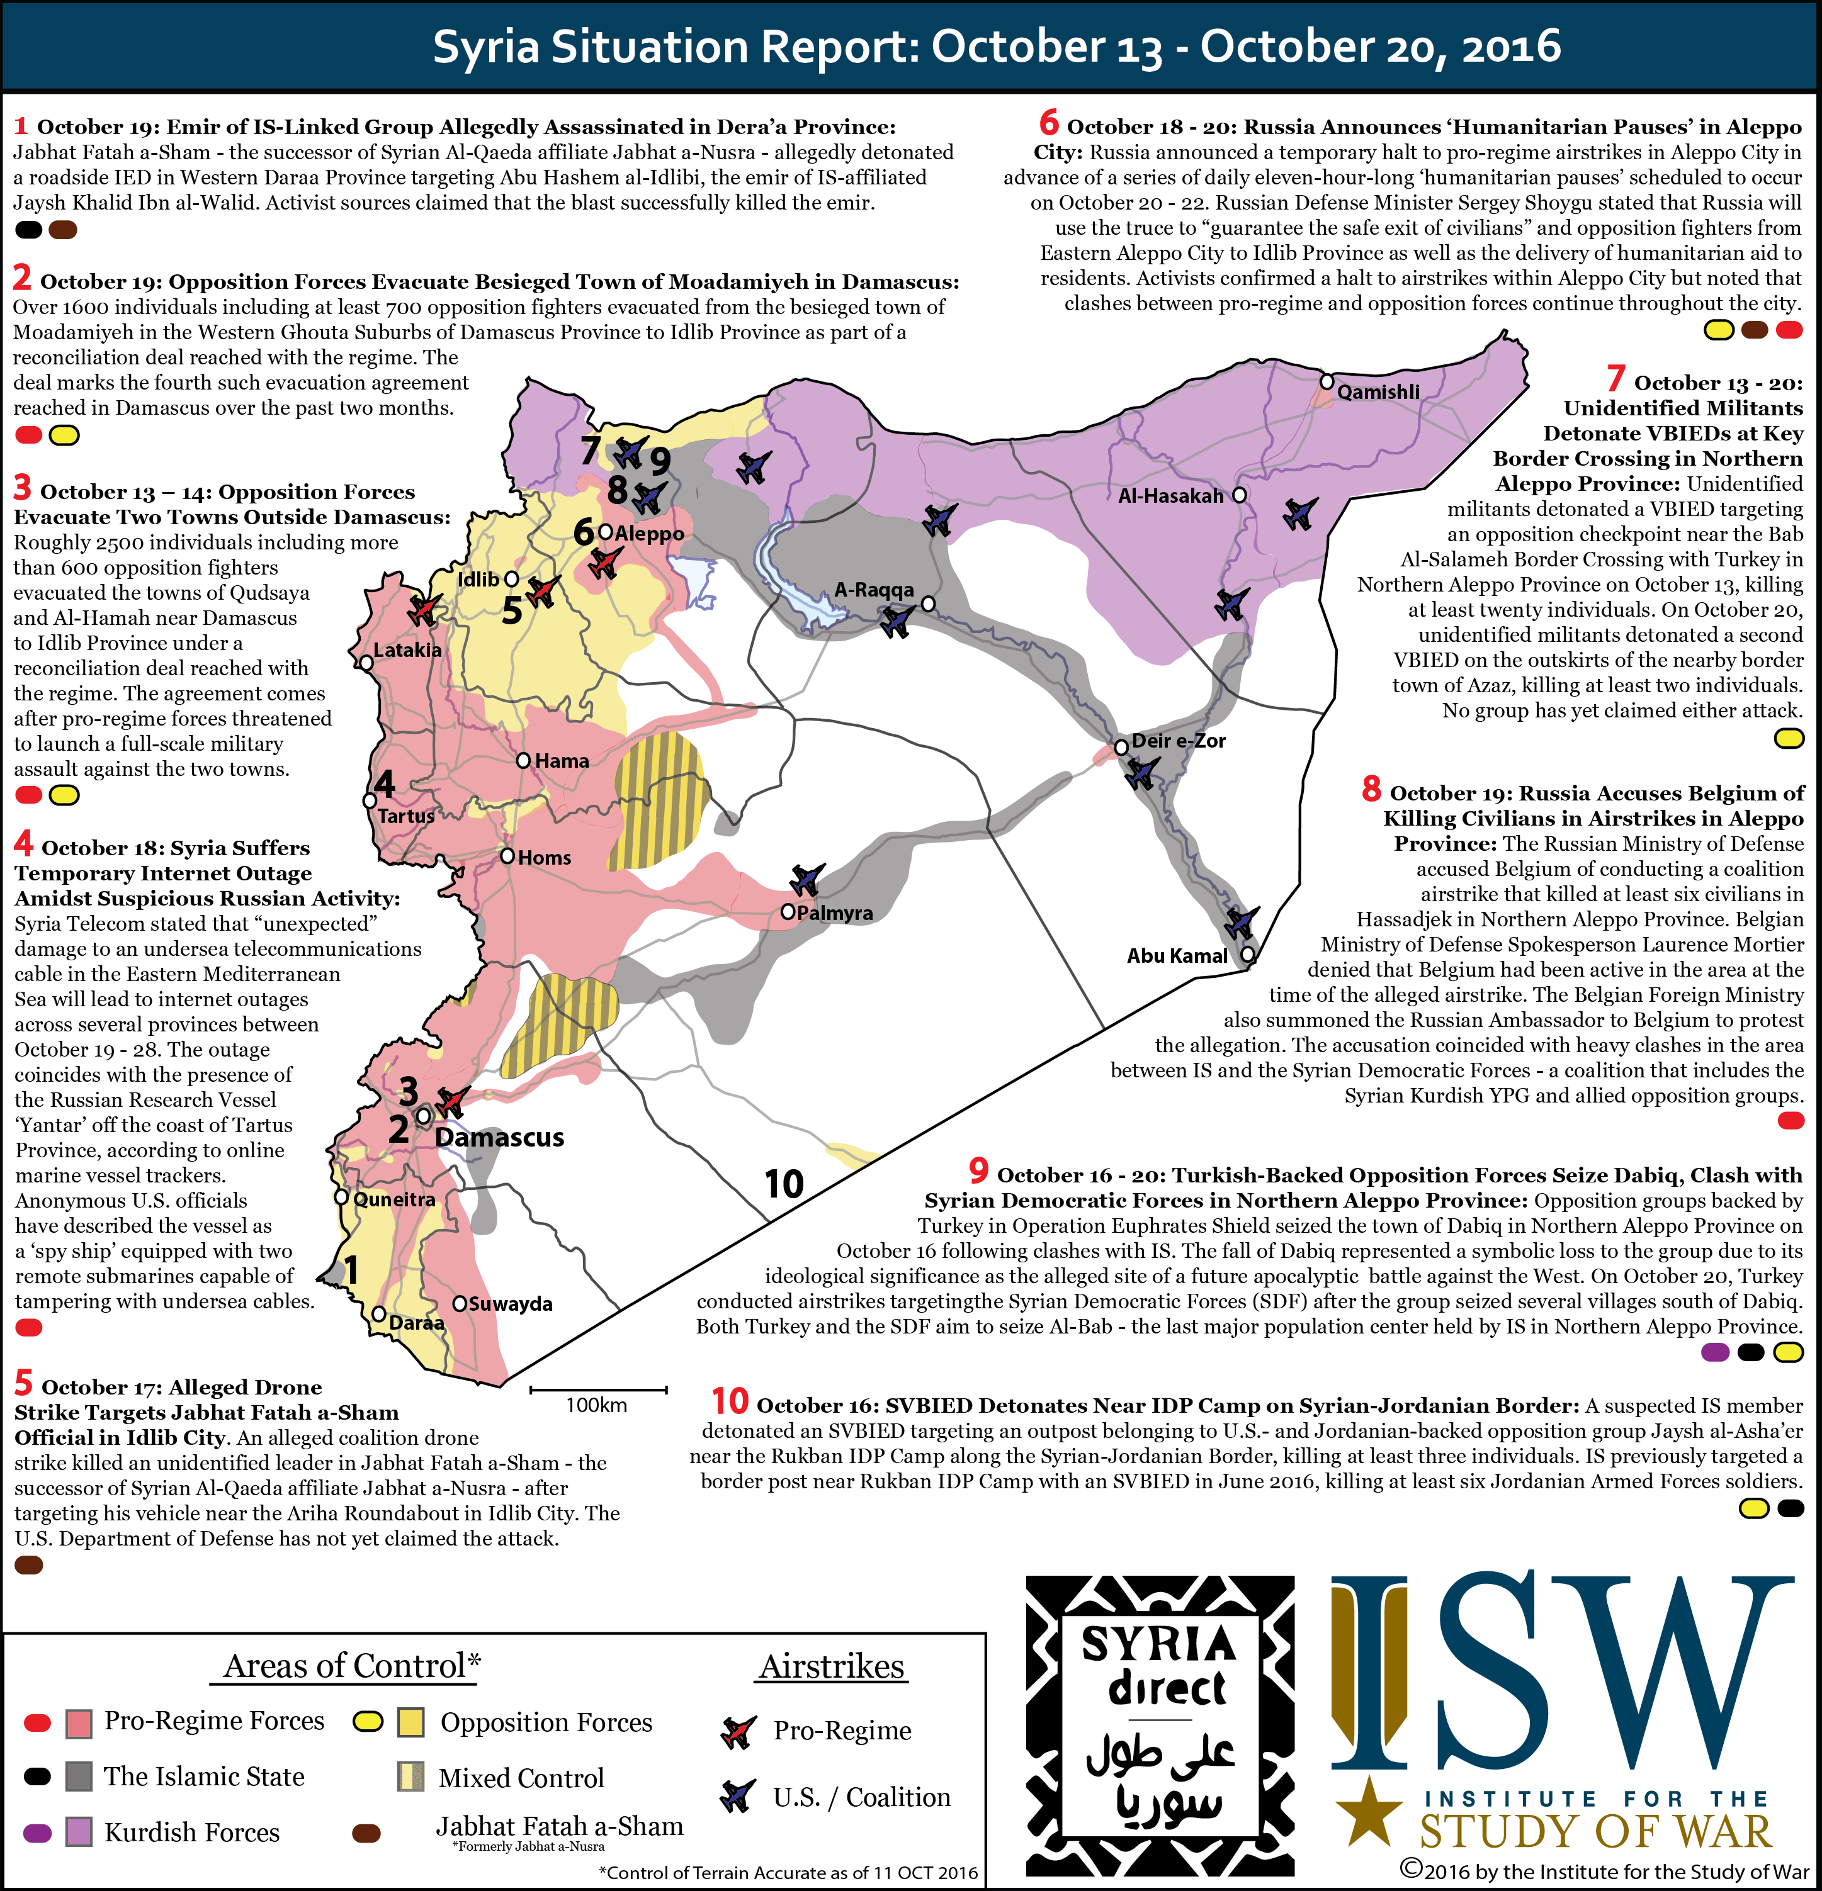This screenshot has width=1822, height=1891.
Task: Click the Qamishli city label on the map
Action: click(x=1378, y=391)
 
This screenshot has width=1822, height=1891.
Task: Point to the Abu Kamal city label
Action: click(x=1177, y=956)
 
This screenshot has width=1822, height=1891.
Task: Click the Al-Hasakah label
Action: click(x=1170, y=496)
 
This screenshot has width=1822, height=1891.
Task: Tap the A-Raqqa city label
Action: click(x=873, y=590)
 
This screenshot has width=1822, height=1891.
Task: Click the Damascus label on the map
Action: click(x=499, y=1138)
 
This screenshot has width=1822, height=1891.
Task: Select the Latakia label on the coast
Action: click(x=407, y=650)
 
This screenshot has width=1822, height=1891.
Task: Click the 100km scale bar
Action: click(x=597, y=1390)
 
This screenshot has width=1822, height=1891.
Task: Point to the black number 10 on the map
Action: click(x=784, y=1184)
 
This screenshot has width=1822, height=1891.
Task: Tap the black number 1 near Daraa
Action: click(x=352, y=1270)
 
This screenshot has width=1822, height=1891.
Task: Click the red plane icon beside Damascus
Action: click(x=451, y=1101)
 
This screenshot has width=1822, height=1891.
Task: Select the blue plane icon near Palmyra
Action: click(x=806, y=879)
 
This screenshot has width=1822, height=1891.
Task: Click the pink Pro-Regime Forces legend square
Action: click(x=79, y=1723)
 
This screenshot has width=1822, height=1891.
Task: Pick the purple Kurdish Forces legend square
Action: click(x=79, y=1831)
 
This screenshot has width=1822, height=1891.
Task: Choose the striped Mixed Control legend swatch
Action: click(x=411, y=1777)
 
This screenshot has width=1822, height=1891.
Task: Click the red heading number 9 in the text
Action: click(x=978, y=1171)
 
